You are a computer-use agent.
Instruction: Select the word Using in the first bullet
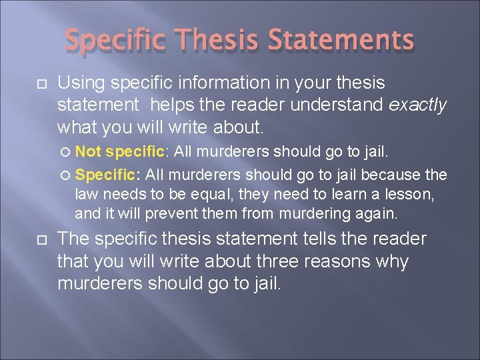point(79,83)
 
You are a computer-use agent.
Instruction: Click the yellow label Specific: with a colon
point(107,175)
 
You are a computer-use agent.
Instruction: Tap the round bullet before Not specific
point(65,151)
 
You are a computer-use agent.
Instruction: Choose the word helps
point(171,104)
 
